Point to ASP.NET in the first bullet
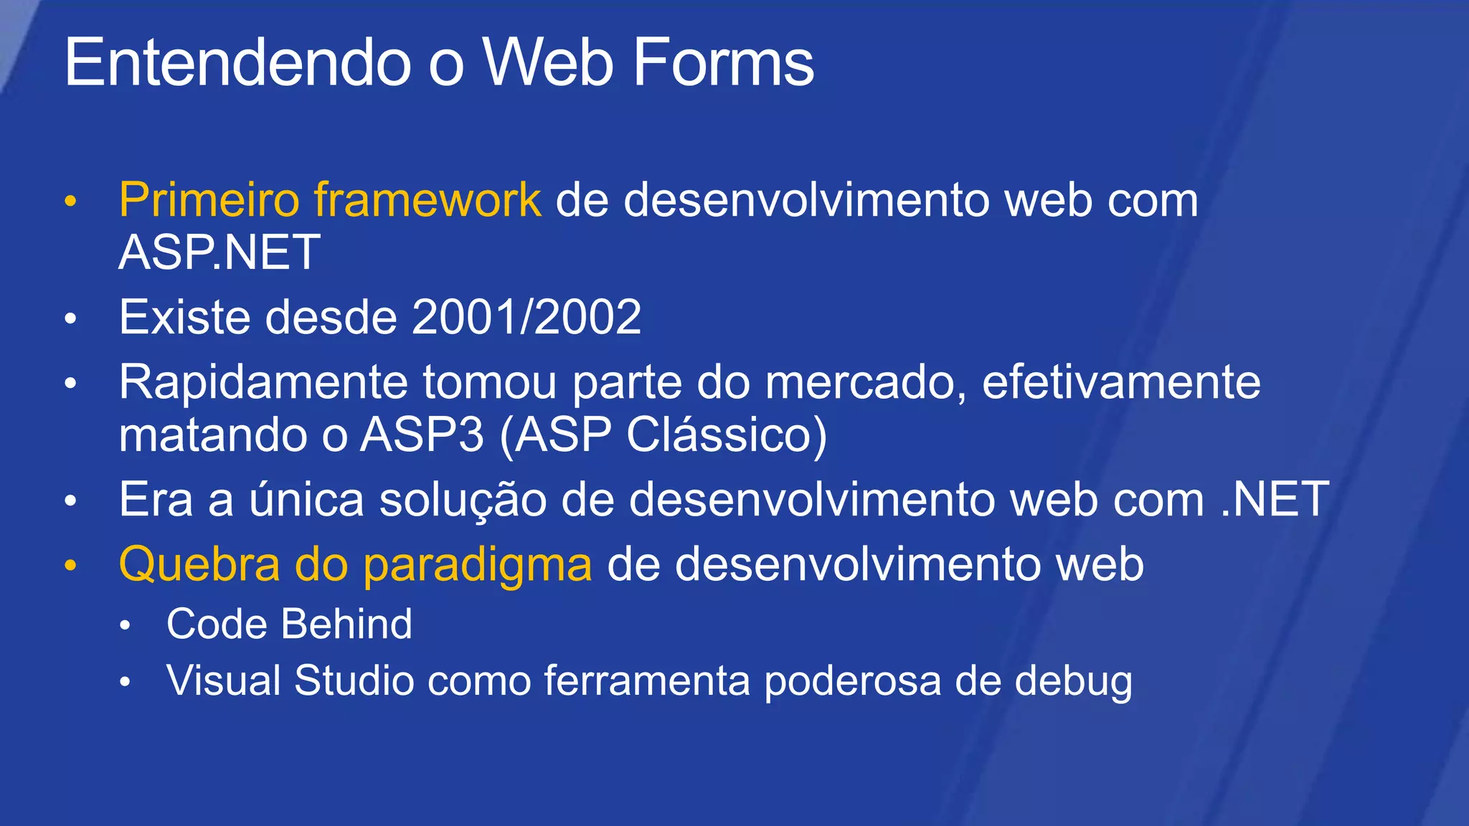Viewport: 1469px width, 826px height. click(219, 252)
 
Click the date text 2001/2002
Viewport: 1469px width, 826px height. click(526, 317)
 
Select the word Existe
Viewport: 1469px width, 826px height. click(184, 317)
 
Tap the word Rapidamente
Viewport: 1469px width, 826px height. click(263, 383)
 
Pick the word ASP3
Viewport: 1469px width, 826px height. click(422, 435)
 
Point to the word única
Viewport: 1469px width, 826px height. click(306, 500)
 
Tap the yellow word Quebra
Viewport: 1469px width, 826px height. click(199, 565)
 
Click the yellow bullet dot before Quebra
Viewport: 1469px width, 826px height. click(70, 566)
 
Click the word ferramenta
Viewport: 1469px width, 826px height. click(646, 680)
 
